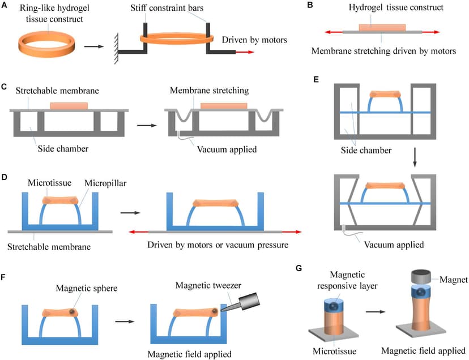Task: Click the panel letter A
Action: click(x=5, y=5)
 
